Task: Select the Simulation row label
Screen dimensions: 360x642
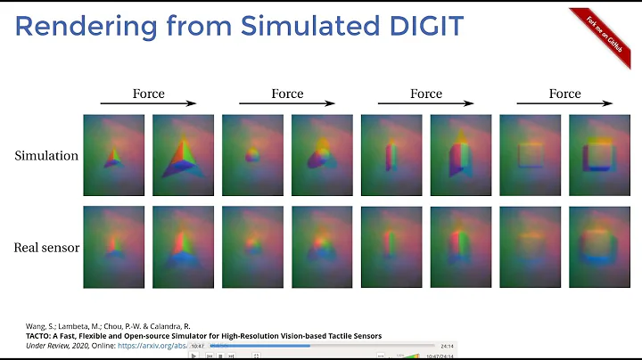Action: click(x=46, y=156)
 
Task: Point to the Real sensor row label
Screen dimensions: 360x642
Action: click(x=46, y=247)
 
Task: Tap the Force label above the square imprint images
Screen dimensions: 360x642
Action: click(x=564, y=94)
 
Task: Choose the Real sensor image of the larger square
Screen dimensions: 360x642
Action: click(x=601, y=246)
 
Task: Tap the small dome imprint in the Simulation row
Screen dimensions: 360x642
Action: click(x=252, y=155)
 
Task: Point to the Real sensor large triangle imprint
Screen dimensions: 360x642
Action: click(x=184, y=246)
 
